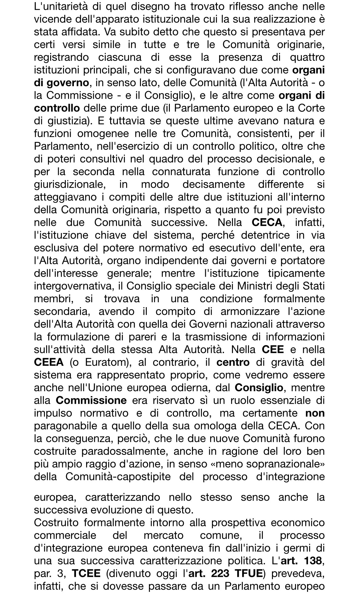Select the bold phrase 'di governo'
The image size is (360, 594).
[x=62, y=83]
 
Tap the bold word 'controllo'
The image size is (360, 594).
[x=57, y=108]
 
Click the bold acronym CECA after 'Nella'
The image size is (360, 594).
[x=267, y=222]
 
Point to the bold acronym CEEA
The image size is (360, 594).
[x=49, y=362]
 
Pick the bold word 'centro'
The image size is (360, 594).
[x=233, y=362]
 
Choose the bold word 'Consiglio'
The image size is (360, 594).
[x=259, y=388]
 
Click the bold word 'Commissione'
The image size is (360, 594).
[x=91, y=400]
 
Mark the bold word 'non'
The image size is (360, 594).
[x=315, y=413]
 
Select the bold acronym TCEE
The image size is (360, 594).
[x=86, y=574]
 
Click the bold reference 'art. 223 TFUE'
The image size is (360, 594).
[x=226, y=574]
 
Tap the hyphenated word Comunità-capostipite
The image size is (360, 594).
[x=118, y=477]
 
